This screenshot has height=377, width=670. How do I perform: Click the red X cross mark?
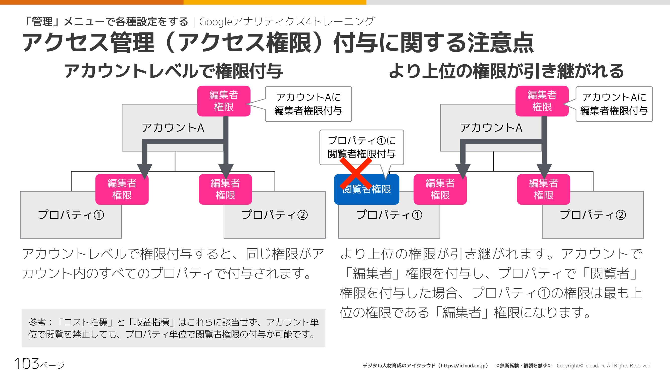pos(355,173)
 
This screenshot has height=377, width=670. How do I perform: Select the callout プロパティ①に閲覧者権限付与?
pos(361,147)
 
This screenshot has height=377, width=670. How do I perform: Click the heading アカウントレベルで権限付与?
pos(173,71)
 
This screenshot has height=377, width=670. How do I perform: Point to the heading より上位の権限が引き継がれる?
pos(506,71)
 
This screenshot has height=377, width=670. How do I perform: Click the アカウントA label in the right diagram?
pos(491,128)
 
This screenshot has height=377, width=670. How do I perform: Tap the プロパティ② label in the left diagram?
pos(275,215)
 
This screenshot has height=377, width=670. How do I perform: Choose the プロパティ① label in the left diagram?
pos(71,215)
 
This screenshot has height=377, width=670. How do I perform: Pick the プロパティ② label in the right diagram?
pos(593,215)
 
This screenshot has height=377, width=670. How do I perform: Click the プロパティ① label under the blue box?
pos(389,215)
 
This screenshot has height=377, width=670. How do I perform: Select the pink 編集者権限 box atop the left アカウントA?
pos(224,101)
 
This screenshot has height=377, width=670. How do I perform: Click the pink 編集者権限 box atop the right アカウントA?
pos(542,101)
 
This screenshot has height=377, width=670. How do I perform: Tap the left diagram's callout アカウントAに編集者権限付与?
pos(308,104)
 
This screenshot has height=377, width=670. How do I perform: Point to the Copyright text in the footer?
pos(604,365)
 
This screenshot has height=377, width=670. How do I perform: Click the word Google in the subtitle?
pos(215,22)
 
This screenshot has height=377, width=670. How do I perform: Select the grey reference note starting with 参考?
pos(173,328)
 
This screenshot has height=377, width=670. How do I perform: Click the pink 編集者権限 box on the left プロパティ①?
pos(122,189)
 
